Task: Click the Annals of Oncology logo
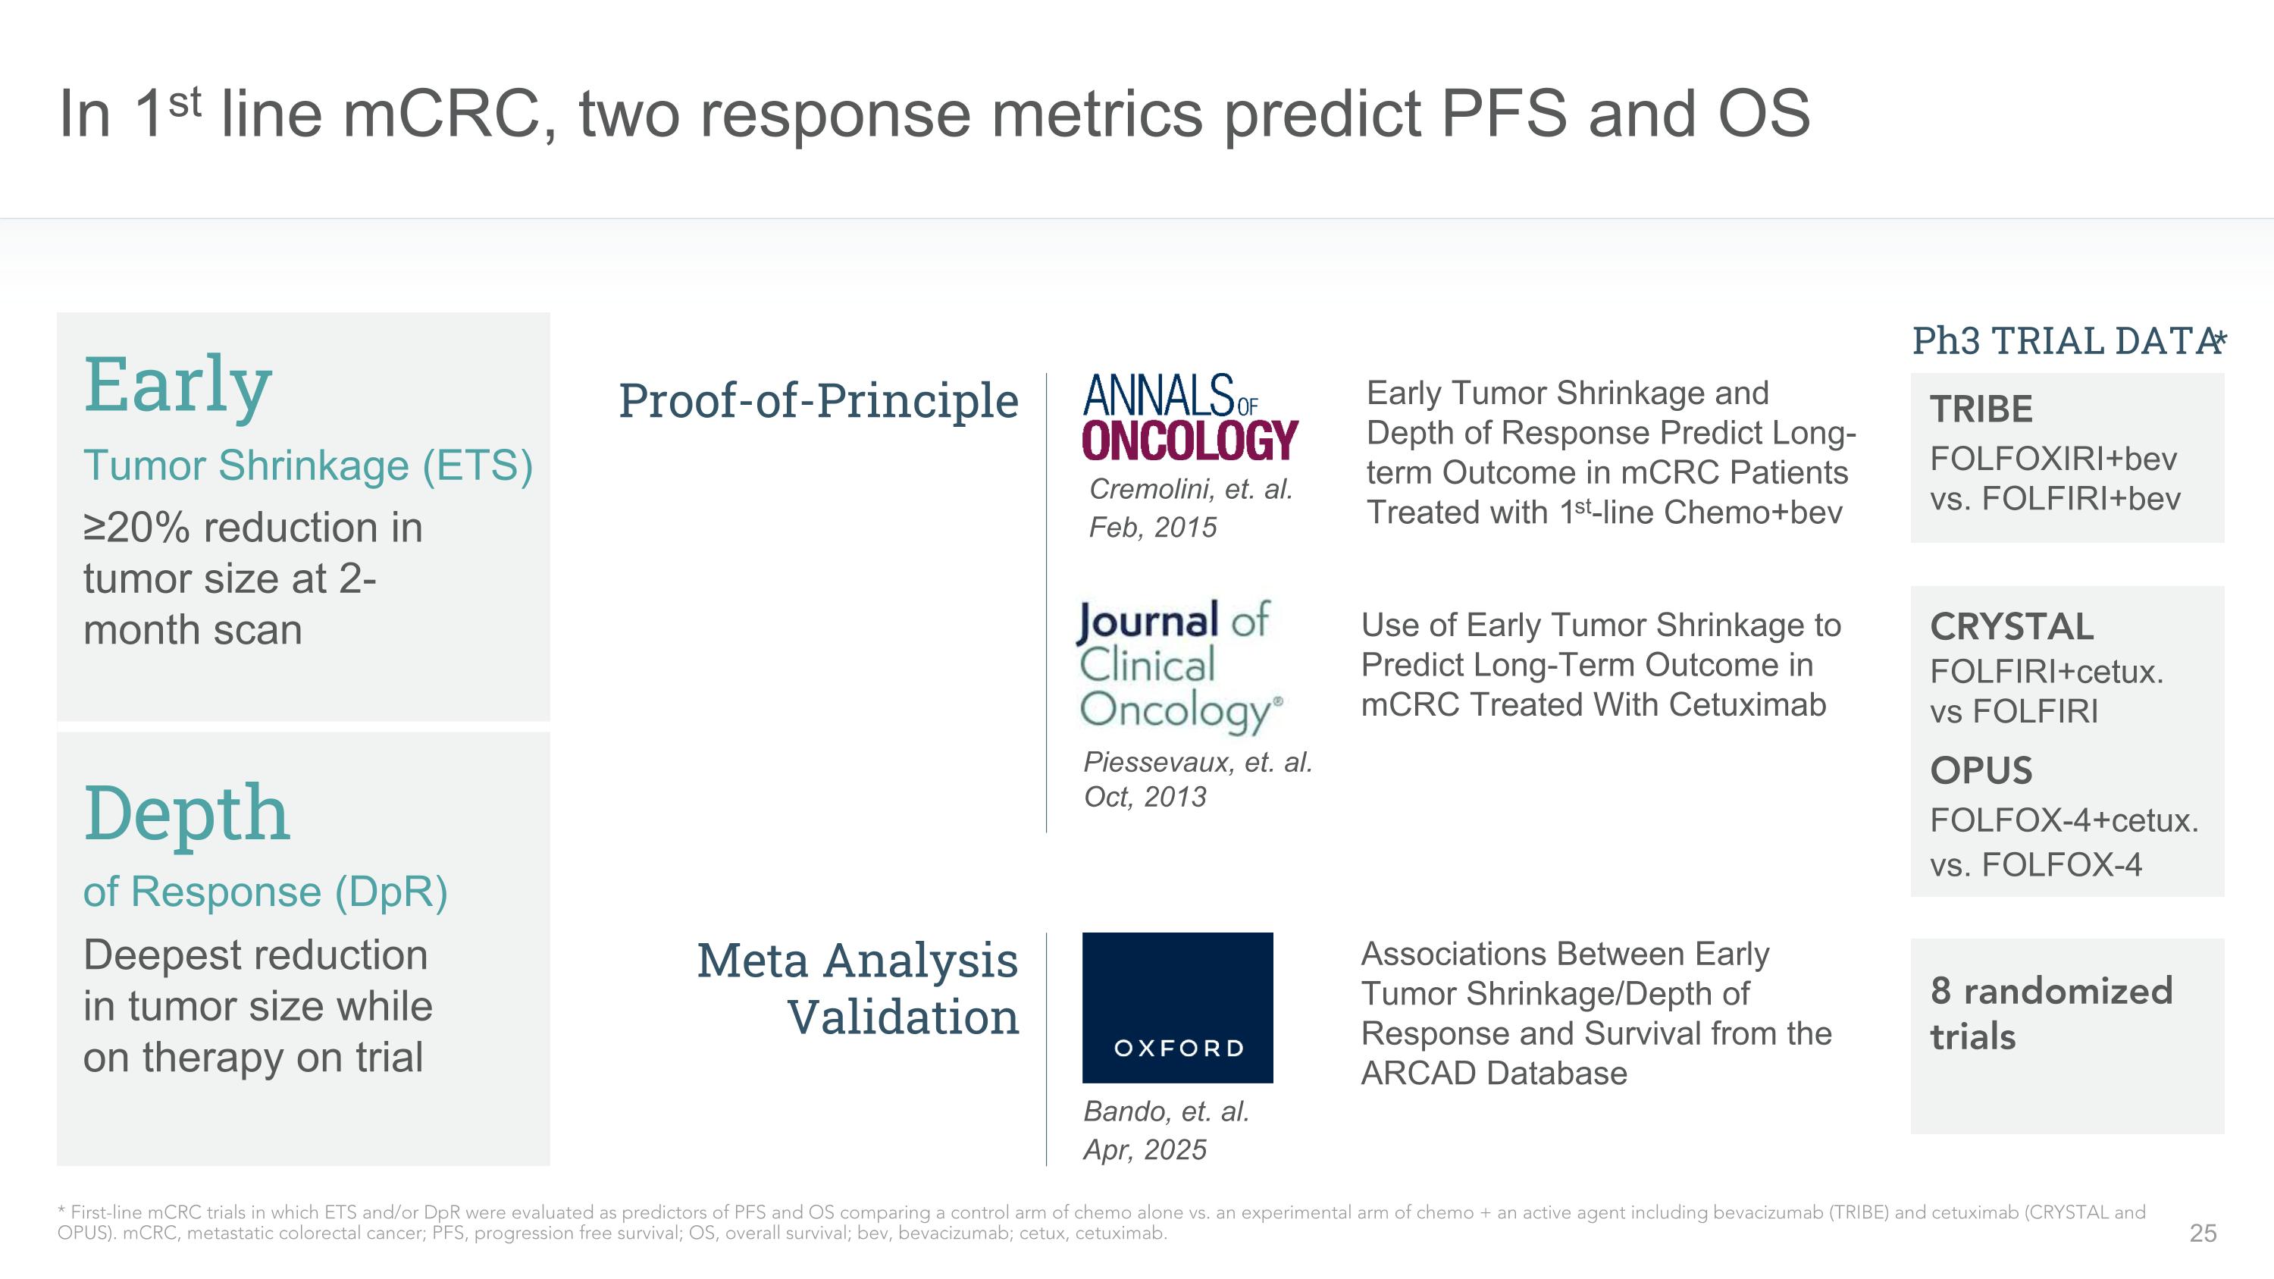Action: pyautogui.click(x=1189, y=418)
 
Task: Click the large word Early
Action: pyautogui.click(x=177, y=386)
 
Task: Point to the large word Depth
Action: pyautogui.click(x=186, y=813)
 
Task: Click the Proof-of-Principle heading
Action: pyautogui.click(x=819, y=401)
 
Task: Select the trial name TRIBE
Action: pyautogui.click(x=1981, y=409)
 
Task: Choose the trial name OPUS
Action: pyautogui.click(x=1981, y=770)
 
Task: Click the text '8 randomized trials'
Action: pyautogui.click(x=2050, y=1014)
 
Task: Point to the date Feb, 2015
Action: pyautogui.click(x=1152, y=528)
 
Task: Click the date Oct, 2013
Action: pyautogui.click(x=1144, y=797)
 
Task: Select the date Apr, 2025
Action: pyautogui.click(x=1144, y=1150)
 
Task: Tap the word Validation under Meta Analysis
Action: pyautogui.click(x=902, y=1017)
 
